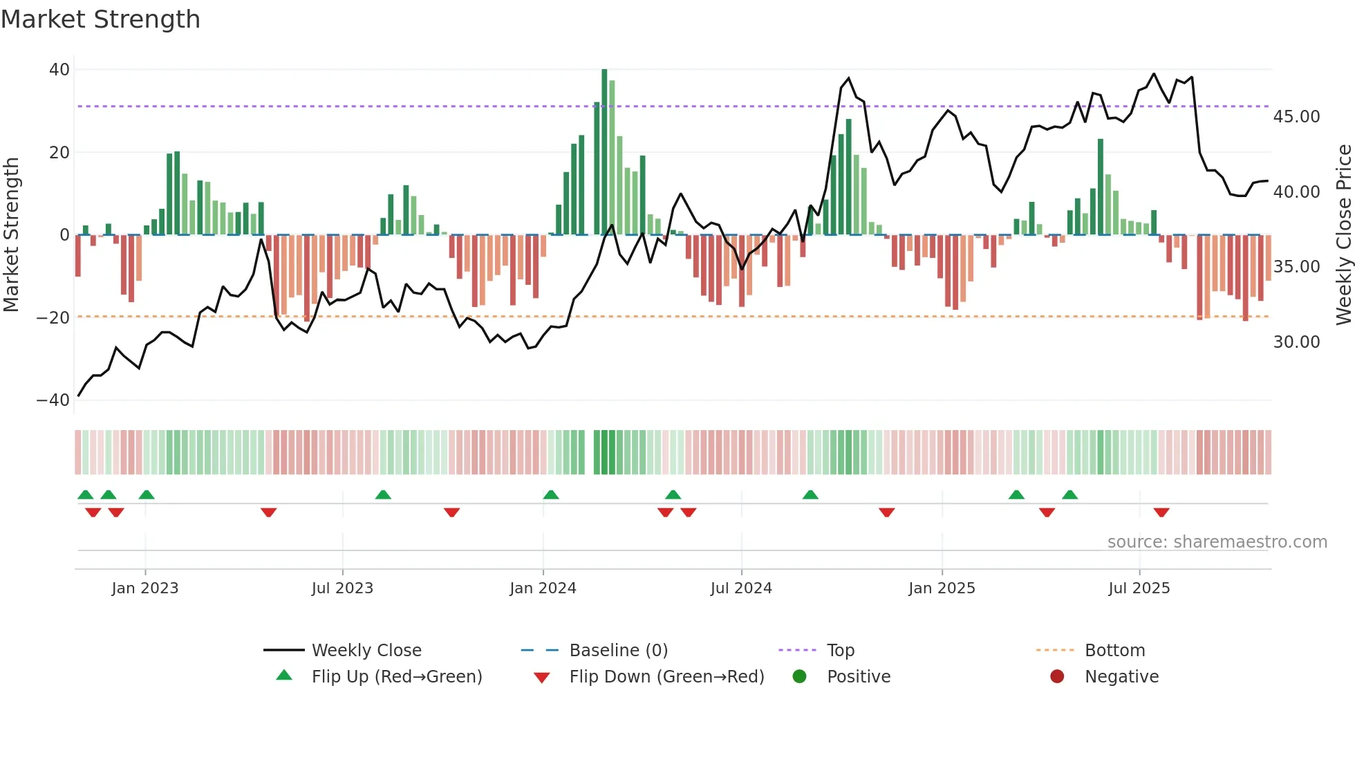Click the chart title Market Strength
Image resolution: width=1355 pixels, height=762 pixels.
click(x=100, y=19)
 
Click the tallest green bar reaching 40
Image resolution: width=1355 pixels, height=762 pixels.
click(x=604, y=152)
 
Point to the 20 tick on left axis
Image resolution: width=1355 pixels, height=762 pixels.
click(x=59, y=152)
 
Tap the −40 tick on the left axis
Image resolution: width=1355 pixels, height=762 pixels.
click(x=53, y=400)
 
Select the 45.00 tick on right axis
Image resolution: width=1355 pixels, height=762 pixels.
click(x=1296, y=117)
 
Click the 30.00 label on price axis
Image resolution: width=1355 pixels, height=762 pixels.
click(x=1296, y=342)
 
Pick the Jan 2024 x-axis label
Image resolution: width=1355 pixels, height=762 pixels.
click(x=543, y=588)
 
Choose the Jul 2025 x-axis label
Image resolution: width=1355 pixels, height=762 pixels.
click(x=1139, y=588)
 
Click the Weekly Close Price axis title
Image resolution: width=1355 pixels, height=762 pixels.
click(x=1343, y=235)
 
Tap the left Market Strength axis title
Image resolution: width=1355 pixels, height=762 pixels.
click(x=11, y=235)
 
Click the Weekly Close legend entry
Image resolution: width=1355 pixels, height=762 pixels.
click(x=366, y=651)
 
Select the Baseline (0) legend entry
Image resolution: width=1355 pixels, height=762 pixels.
click(x=618, y=651)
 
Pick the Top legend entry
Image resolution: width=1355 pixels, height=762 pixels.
click(x=840, y=651)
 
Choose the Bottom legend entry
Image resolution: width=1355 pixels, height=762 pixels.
click(x=1114, y=651)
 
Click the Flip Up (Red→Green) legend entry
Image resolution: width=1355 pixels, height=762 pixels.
click(x=396, y=677)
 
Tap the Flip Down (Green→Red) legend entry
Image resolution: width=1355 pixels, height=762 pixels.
click(x=666, y=677)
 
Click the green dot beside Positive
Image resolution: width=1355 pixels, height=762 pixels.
click(x=800, y=677)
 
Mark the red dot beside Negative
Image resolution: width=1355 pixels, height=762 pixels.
click(x=1057, y=677)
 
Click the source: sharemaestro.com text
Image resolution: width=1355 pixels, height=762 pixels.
click(x=1217, y=542)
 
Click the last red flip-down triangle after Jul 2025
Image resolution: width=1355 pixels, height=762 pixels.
click(x=1161, y=512)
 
